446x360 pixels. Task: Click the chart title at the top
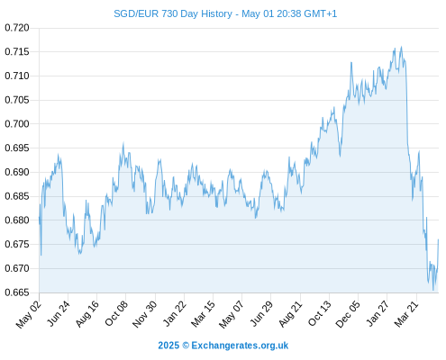coord(225,13)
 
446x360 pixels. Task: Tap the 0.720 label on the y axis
coord(17,28)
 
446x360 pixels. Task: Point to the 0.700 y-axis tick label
coord(17,123)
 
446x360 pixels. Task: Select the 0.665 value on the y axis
coord(17,292)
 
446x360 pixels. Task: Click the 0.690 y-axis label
coord(17,172)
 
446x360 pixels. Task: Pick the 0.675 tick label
coord(17,244)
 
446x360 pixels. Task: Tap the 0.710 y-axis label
coord(17,76)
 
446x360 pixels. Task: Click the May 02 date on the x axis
coord(29,314)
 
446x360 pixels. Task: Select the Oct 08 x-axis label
coord(116,313)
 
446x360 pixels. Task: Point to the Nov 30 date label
coord(145,314)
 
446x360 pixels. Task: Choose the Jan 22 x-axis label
coord(175,313)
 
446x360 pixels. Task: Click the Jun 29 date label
coord(261,313)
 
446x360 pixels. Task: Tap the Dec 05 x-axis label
coord(348,314)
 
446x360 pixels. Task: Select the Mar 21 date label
coord(406,314)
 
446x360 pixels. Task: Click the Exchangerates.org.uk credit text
coord(240,346)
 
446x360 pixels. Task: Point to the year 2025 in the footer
coord(168,346)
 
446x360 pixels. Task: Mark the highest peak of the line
coord(401,47)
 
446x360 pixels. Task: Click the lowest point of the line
coord(433,290)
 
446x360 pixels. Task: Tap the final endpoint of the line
coord(438,239)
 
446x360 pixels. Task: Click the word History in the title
coord(216,13)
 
